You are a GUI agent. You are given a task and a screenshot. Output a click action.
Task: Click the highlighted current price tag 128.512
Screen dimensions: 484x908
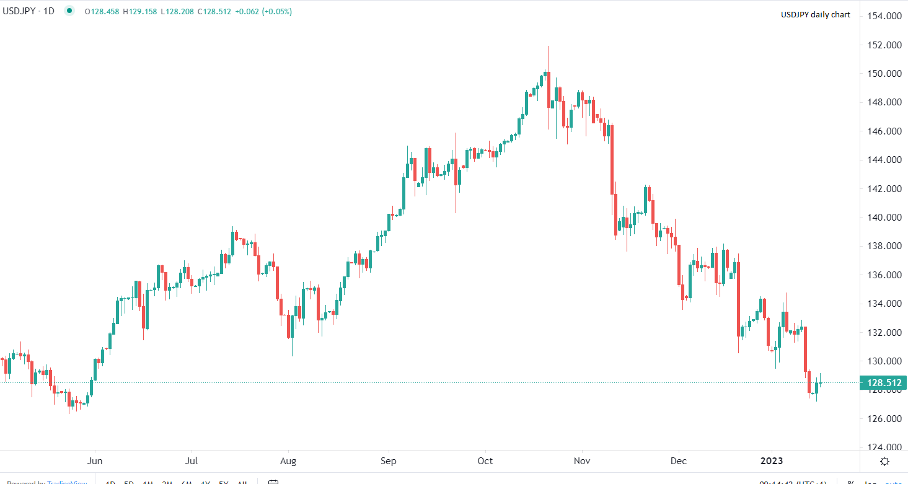tap(883, 383)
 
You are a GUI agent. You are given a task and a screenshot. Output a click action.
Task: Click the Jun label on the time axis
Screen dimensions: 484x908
tap(95, 461)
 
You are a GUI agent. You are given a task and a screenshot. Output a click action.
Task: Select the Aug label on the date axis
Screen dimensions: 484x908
tap(288, 461)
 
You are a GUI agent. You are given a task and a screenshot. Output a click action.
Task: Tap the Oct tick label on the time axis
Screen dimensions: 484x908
tap(485, 461)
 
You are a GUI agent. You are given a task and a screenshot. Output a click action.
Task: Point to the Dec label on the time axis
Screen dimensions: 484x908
tap(679, 461)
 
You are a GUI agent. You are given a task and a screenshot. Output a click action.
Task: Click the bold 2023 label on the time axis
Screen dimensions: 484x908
tap(772, 461)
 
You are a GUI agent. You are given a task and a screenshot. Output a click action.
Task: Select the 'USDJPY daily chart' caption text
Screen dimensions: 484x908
tap(816, 15)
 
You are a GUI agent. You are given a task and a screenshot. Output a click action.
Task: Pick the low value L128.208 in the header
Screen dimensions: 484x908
tap(177, 11)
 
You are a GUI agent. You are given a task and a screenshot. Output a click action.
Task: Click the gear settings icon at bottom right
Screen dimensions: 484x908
tap(884, 461)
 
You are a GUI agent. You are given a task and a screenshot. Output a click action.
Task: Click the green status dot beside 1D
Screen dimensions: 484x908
tap(69, 11)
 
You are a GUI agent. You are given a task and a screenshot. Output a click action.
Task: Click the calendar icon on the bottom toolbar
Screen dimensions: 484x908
tap(273, 482)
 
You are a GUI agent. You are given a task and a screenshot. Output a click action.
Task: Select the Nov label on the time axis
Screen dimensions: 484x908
tap(581, 461)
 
